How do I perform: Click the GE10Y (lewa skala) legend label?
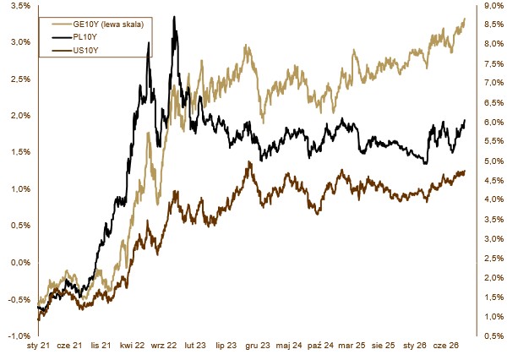point(108,25)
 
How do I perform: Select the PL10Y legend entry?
point(84,37)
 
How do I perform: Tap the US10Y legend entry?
point(85,51)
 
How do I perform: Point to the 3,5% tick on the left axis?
point(20,6)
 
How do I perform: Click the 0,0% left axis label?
point(20,262)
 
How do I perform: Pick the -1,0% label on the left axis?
point(19,335)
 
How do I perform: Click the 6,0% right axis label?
point(494,123)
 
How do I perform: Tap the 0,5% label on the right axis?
point(494,336)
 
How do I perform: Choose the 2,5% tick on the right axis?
point(494,259)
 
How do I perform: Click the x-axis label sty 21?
point(39,346)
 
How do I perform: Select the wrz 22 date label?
point(164,346)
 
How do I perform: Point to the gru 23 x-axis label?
point(258,346)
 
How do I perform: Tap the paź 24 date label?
point(320,346)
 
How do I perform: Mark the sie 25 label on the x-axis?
point(383,346)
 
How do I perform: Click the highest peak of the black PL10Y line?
point(174,17)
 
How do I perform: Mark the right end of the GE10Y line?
point(465,19)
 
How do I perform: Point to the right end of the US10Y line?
point(465,171)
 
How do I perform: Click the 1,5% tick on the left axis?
point(20,152)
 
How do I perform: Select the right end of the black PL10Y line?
point(465,120)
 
